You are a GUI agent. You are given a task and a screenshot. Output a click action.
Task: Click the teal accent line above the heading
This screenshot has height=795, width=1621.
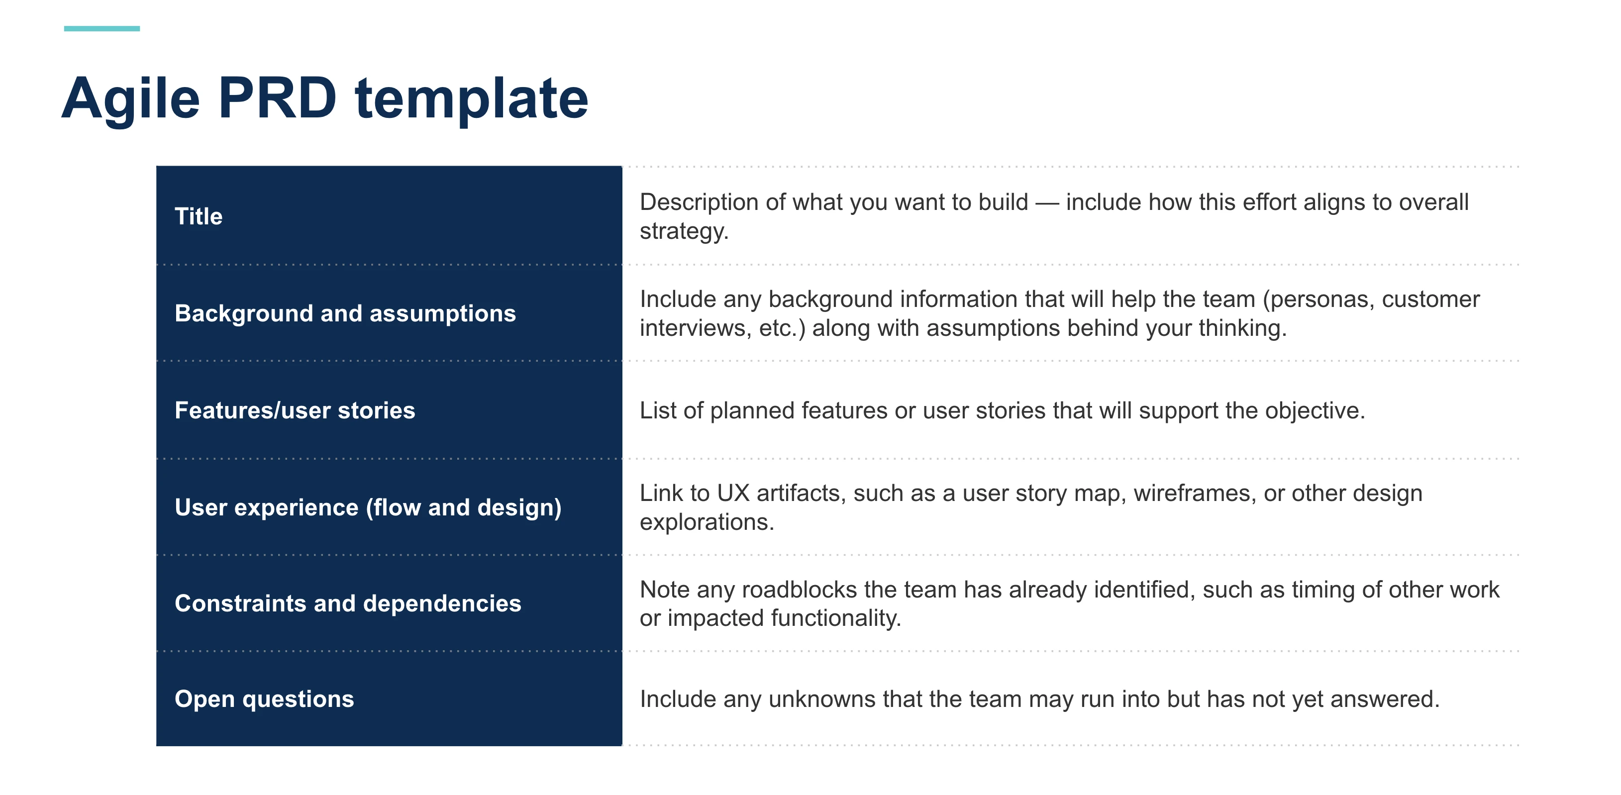[101, 28]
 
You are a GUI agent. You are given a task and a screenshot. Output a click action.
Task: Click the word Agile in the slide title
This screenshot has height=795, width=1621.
[130, 99]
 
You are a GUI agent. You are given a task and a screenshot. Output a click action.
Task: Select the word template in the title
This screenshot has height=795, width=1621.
[471, 99]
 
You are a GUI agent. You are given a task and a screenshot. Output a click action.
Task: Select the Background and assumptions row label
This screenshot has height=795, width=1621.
[345, 313]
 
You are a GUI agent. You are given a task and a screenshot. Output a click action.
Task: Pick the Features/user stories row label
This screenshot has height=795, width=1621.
[295, 410]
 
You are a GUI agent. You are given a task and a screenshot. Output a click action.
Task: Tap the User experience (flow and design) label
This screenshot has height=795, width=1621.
[368, 507]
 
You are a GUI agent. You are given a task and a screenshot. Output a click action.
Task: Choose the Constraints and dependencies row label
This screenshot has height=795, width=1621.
[347, 603]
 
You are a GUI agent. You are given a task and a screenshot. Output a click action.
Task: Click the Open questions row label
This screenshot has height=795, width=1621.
[264, 699]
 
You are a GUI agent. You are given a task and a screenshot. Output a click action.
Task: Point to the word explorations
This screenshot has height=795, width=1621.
[706, 522]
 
